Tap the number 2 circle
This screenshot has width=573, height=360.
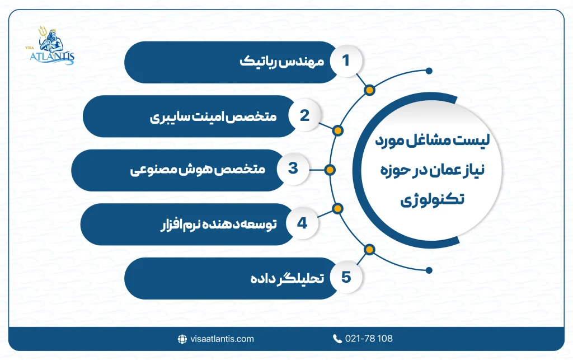point(305,116)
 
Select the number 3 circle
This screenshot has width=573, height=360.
point(293,169)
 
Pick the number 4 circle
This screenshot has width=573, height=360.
point(303,224)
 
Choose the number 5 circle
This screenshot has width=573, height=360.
point(346,278)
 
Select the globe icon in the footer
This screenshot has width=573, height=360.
point(182,339)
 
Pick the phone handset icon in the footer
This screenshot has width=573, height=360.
point(337,339)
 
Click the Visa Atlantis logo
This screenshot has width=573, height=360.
point(53,48)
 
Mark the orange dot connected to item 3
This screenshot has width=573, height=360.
point(330,170)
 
